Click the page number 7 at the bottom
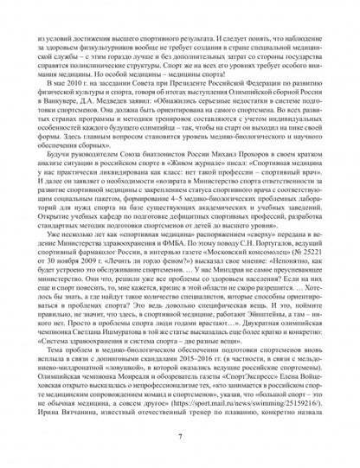[179, 438]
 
